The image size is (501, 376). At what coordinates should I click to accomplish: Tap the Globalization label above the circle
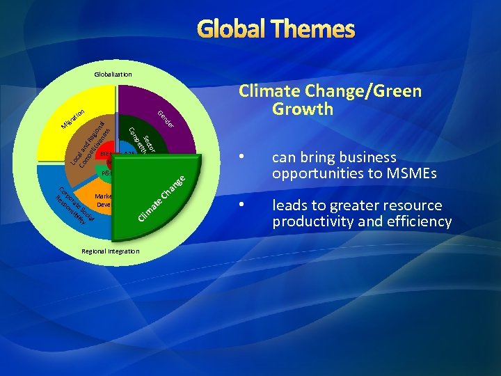(x=113, y=74)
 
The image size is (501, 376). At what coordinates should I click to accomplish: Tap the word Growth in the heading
(x=303, y=109)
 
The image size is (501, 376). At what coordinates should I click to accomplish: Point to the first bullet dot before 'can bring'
(x=241, y=157)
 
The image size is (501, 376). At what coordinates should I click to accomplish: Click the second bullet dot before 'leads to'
(x=241, y=205)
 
